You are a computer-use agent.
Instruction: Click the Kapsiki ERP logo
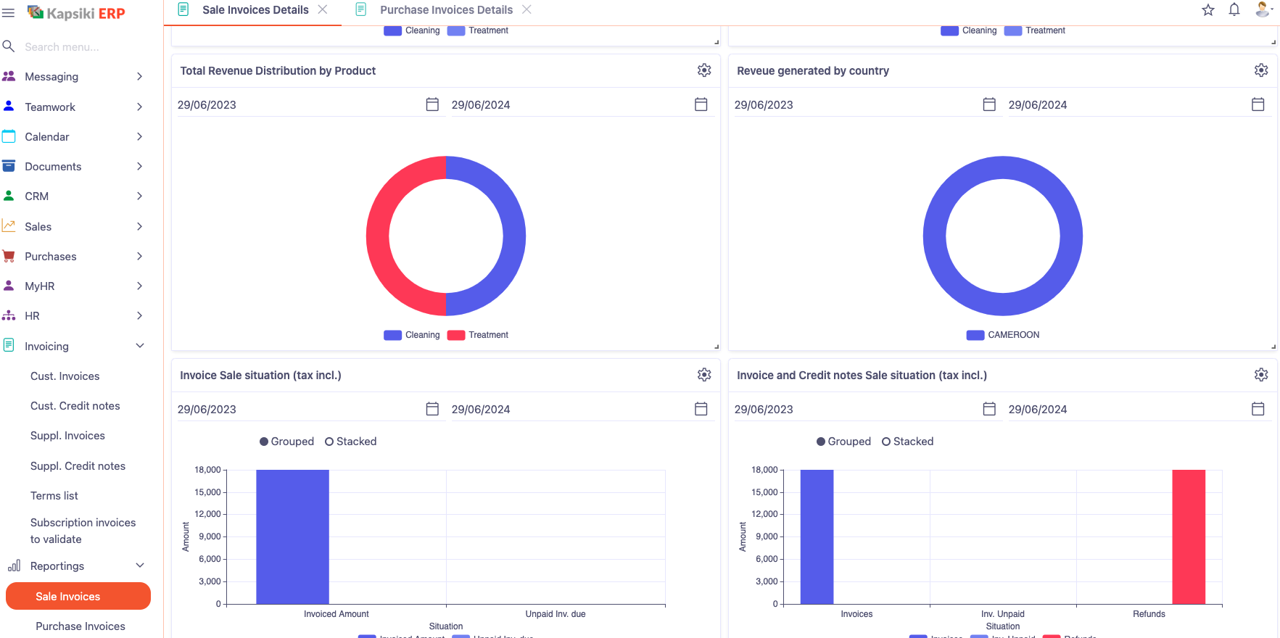pos(76,13)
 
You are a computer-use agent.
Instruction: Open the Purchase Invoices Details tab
pos(445,10)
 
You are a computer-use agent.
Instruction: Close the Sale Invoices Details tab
pos(323,9)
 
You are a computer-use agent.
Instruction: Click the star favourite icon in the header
pos(1208,10)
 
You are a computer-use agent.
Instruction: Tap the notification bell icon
pos(1234,10)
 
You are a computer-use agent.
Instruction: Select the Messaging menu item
pos(51,77)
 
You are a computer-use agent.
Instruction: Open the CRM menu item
pos(36,196)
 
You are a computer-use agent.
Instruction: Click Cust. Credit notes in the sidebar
pos(75,406)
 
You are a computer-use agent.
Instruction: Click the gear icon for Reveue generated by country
pos(1261,70)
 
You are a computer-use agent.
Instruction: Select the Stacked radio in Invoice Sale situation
pos(330,442)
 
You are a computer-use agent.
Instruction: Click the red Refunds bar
pos(1188,536)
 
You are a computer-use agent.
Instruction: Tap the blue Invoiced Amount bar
pos(292,536)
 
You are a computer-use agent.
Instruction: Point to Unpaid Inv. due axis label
pos(555,614)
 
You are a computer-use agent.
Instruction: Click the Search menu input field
pos(73,47)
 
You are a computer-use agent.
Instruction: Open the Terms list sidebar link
pos(54,496)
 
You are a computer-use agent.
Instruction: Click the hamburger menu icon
pos(9,13)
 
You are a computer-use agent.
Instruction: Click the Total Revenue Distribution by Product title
pos(278,71)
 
